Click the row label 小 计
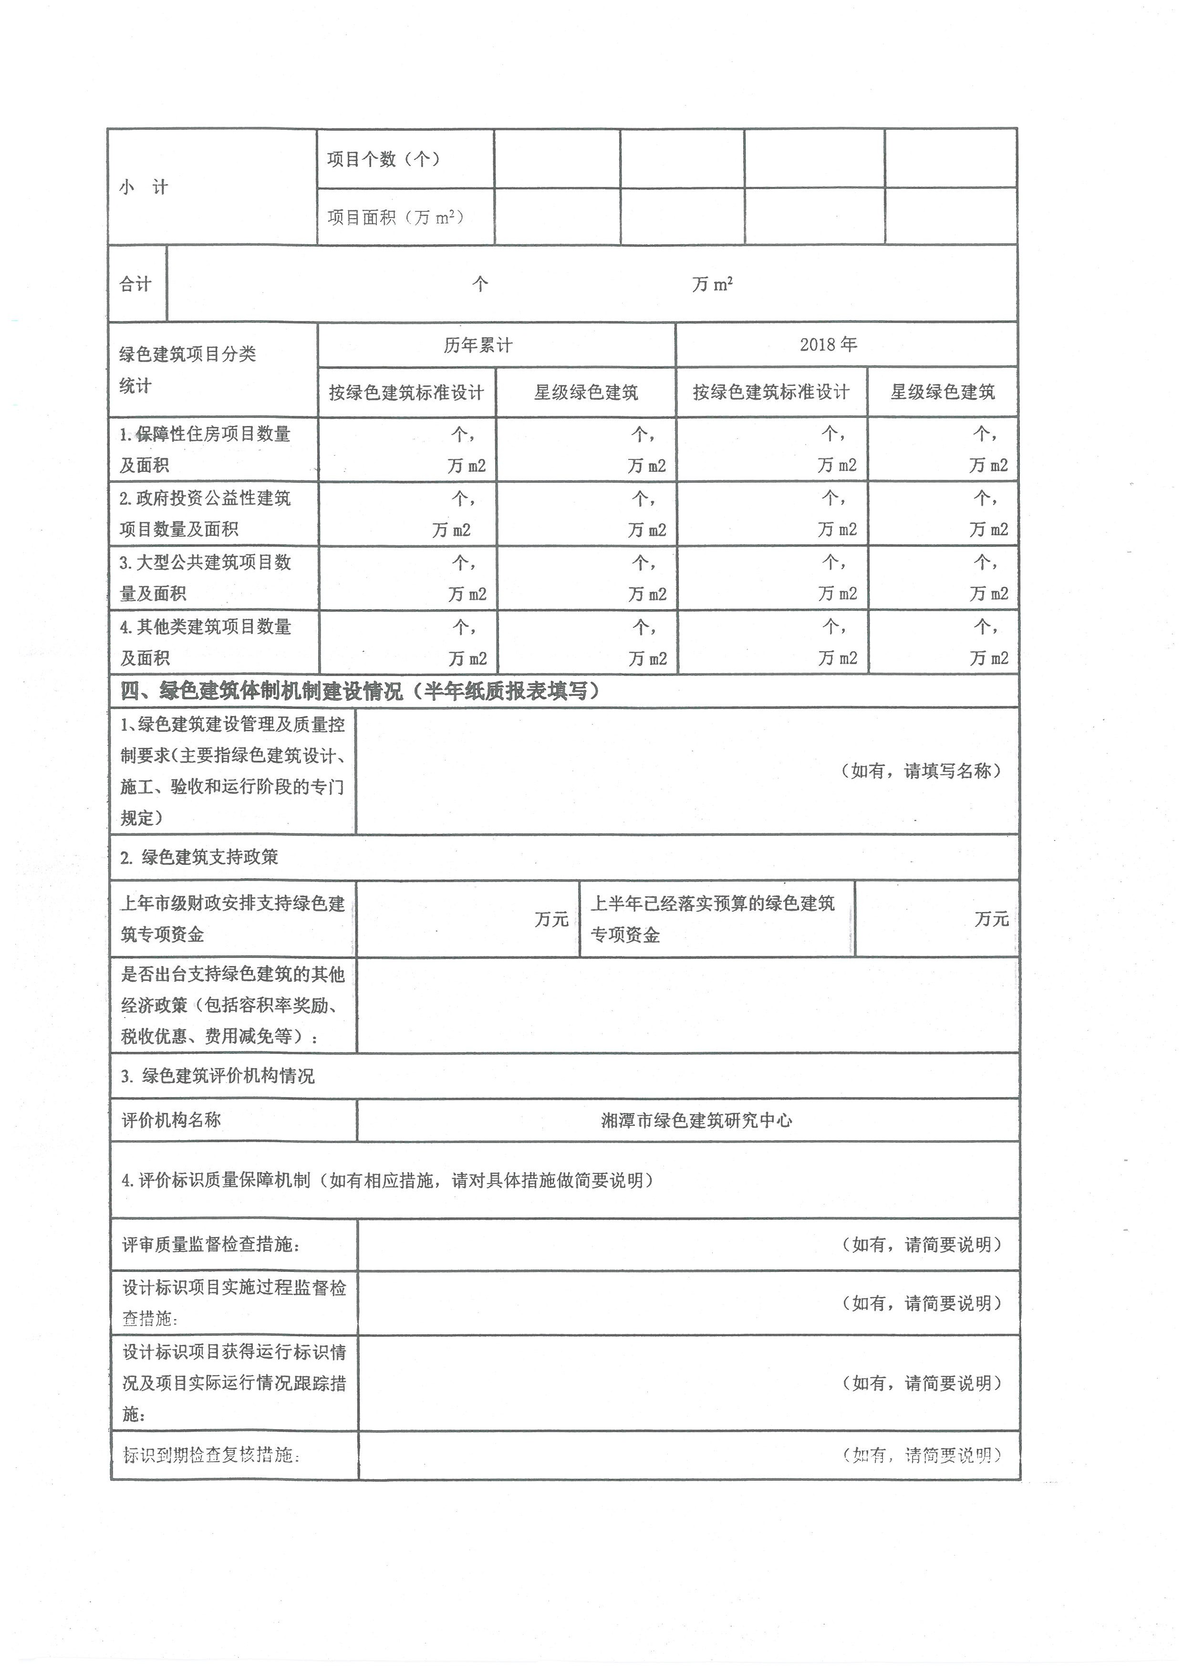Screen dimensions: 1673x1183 pos(144,187)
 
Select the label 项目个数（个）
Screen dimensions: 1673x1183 pos(383,159)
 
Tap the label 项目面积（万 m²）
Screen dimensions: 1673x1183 pos(395,217)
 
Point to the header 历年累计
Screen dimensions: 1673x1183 pos(478,344)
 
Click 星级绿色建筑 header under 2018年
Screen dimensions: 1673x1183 pos(942,392)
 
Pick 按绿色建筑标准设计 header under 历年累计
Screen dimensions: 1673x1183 pos(406,393)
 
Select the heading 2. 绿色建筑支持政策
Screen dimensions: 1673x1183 pos(199,857)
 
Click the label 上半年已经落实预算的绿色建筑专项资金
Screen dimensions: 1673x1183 pos(712,919)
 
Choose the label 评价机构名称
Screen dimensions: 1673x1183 pos(171,1121)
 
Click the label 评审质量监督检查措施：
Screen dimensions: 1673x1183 pos(211,1245)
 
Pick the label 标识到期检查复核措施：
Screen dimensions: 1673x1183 pos(211,1455)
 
